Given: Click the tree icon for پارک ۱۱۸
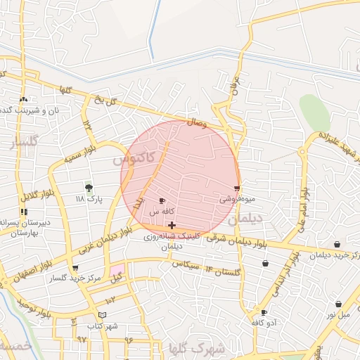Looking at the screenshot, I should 89,188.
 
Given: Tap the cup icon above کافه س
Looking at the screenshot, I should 163,201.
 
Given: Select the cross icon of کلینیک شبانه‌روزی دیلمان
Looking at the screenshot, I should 172,225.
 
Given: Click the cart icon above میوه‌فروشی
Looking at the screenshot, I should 237,188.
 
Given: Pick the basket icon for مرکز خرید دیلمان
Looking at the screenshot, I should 338,244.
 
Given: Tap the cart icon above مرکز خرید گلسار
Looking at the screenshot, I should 75,268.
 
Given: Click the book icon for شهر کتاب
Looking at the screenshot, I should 103,314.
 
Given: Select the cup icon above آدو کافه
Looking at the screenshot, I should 264,312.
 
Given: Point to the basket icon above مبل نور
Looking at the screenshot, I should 338,304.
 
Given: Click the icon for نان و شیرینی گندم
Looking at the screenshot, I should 25,99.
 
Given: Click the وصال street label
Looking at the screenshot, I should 196,123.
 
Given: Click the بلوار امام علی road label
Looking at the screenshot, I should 303,209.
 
